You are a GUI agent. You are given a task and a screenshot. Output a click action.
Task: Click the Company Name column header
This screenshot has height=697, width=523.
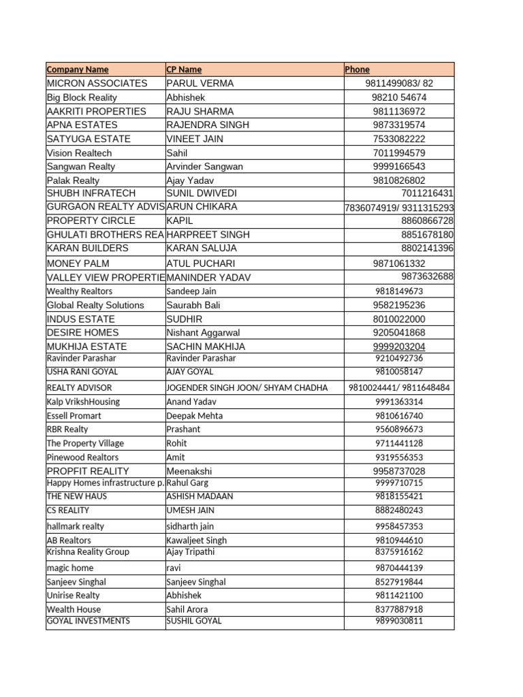[x=78, y=69]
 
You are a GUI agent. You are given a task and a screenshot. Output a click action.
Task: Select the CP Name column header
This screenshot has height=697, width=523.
[x=184, y=69]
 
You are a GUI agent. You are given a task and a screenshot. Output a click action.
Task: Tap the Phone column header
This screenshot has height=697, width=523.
[x=357, y=69]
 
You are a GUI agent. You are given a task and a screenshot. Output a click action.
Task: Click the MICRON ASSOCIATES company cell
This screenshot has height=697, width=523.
[x=97, y=83]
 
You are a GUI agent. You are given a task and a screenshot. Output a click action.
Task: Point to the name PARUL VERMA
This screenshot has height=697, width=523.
[x=200, y=83]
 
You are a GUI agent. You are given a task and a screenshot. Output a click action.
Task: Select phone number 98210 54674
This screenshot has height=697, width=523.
[x=399, y=97]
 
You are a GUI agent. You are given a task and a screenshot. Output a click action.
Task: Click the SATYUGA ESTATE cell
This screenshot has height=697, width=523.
[x=89, y=139]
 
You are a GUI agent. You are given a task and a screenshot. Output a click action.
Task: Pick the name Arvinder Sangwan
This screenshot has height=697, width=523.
[x=204, y=167]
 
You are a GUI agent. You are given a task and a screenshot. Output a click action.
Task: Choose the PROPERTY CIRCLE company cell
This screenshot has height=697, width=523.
[x=91, y=221]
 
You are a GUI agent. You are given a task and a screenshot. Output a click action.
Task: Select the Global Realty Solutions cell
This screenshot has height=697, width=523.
[x=95, y=305]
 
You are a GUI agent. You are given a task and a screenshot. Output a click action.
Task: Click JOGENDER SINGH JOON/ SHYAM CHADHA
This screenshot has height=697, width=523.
[x=247, y=387]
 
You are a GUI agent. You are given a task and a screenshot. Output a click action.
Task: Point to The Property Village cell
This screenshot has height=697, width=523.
[x=85, y=443]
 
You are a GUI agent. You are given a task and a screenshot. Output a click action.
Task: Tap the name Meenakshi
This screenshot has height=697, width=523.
[x=189, y=471]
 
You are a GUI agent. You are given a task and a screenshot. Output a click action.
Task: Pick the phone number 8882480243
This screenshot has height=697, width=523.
[x=399, y=510]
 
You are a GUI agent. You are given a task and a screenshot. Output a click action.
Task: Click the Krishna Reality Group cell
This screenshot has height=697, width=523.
[x=88, y=551]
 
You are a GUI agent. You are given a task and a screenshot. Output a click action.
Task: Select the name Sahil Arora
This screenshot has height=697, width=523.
[x=187, y=609]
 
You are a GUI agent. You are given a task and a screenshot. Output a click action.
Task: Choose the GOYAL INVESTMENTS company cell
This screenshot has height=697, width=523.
[x=89, y=621]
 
